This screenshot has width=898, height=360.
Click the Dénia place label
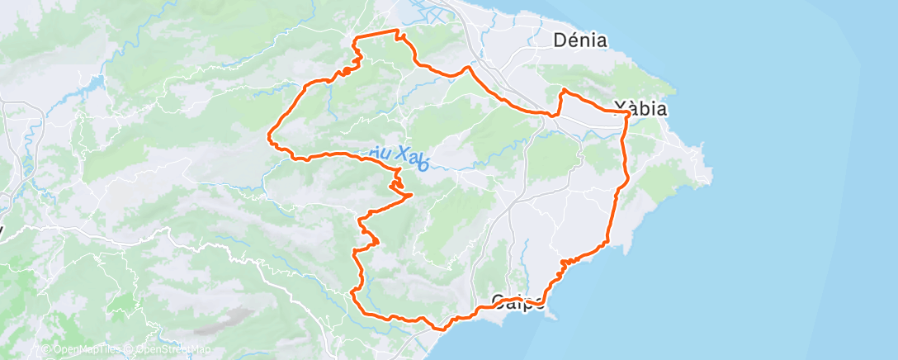click(580, 40)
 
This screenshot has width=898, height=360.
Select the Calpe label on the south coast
click(518, 300)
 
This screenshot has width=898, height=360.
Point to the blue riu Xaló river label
click(395, 154)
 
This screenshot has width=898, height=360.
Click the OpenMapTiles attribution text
click(82, 350)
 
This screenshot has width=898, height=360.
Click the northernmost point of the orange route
click(398, 31)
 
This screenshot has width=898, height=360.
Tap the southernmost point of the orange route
click(443, 329)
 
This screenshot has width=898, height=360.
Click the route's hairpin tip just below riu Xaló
click(411, 195)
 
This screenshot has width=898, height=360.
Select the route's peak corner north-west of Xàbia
click(563, 89)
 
